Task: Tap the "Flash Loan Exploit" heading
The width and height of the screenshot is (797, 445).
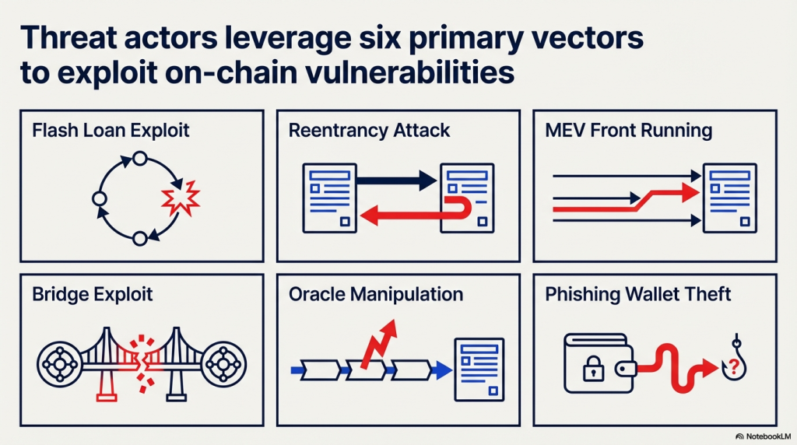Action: click(x=111, y=130)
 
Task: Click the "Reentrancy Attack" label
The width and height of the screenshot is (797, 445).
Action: click(x=369, y=130)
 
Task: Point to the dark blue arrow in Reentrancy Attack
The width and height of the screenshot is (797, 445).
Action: click(x=397, y=181)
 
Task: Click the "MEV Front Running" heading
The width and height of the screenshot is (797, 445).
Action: click(x=629, y=130)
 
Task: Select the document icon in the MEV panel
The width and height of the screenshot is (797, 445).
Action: click(x=729, y=198)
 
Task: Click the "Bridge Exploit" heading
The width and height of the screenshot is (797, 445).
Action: click(x=93, y=294)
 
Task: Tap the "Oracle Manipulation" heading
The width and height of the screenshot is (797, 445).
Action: click(x=375, y=294)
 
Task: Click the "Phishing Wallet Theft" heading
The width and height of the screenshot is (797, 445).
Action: click(x=637, y=294)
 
